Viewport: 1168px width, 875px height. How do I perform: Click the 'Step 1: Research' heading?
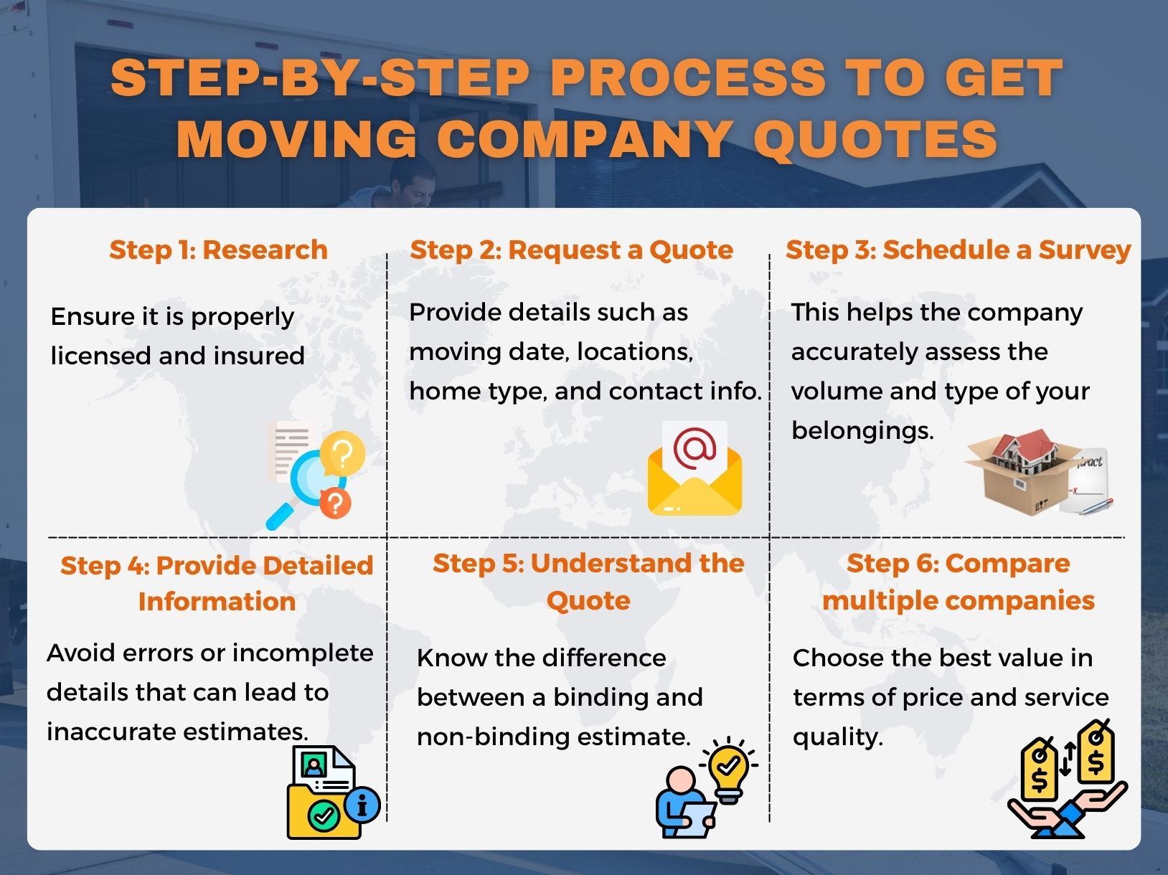[218, 250]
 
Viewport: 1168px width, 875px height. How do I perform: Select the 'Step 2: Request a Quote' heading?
[571, 250]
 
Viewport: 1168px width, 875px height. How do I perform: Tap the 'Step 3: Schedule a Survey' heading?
[958, 250]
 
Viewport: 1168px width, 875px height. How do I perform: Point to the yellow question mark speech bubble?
[342, 453]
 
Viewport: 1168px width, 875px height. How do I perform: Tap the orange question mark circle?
[335, 502]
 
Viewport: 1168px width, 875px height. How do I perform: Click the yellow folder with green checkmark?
[321, 810]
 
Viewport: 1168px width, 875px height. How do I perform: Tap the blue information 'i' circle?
[363, 804]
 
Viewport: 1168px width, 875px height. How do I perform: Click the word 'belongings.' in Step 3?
[862, 430]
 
